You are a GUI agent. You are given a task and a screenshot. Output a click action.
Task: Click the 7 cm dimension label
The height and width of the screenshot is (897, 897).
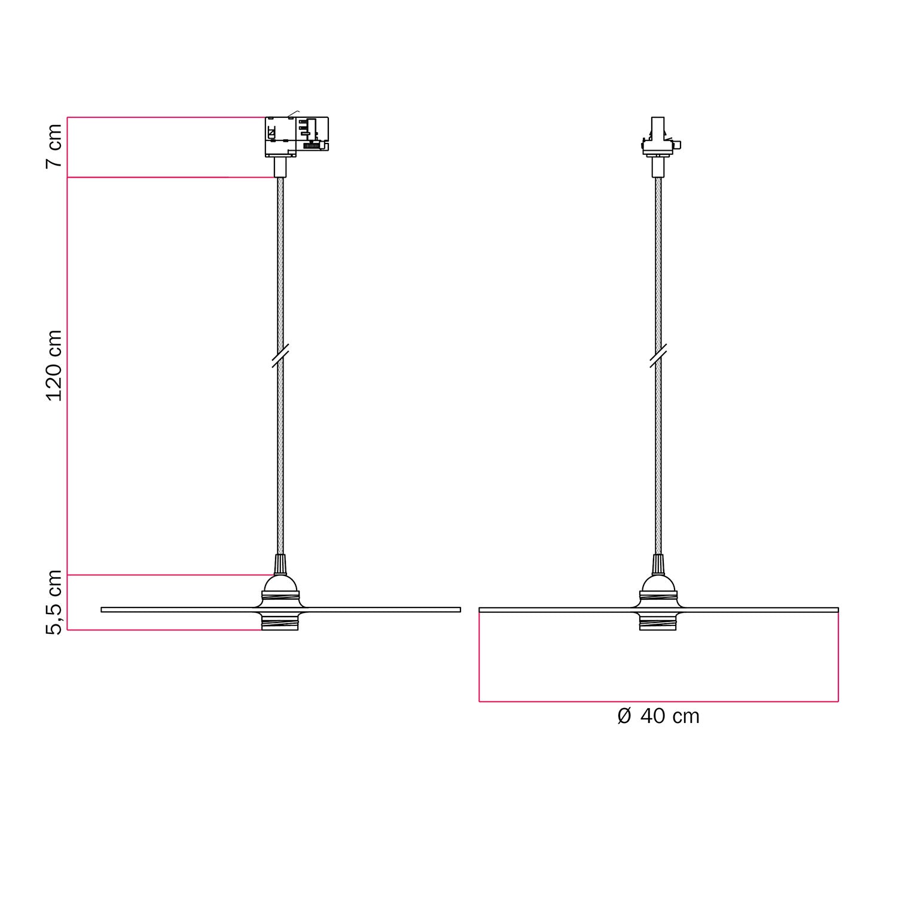pyautogui.click(x=54, y=146)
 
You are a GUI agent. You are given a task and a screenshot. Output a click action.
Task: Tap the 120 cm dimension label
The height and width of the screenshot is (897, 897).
pyautogui.click(x=54, y=365)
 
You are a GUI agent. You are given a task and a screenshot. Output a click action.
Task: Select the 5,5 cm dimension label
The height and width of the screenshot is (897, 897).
pyautogui.click(x=54, y=602)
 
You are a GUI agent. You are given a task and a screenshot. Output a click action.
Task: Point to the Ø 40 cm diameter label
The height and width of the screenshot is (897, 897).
pyautogui.click(x=658, y=716)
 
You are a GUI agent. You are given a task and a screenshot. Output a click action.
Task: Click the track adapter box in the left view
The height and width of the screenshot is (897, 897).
pyautogui.click(x=297, y=136)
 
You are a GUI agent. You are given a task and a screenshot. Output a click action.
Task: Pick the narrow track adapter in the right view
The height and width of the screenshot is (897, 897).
pyautogui.click(x=658, y=137)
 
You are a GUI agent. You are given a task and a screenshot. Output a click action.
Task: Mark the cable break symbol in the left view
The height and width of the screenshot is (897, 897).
pyautogui.click(x=280, y=356)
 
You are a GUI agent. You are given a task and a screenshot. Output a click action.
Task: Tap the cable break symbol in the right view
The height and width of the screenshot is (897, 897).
pyautogui.click(x=658, y=356)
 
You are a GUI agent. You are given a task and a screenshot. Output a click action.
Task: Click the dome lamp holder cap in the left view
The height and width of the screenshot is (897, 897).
pyautogui.click(x=279, y=583)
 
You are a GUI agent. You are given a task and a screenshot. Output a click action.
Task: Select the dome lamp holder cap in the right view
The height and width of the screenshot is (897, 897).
pyautogui.click(x=658, y=583)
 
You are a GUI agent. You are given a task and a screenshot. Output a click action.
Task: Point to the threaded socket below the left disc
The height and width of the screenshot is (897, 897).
pyautogui.click(x=279, y=622)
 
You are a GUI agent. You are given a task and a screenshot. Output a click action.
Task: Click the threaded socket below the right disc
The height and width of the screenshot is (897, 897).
pyautogui.click(x=658, y=622)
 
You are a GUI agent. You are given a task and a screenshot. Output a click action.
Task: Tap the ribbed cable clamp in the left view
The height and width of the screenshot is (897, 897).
pyautogui.click(x=279, y=564)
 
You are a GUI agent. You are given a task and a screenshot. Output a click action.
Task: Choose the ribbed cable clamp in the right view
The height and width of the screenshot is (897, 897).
pyautogui.click(x=658, y=564)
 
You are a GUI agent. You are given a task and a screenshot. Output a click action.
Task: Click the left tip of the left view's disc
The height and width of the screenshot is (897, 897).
pyautogui.click(x=103, y=609)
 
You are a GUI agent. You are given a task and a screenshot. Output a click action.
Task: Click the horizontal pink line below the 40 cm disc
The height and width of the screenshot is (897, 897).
pyautogui.click(x=658, y=701)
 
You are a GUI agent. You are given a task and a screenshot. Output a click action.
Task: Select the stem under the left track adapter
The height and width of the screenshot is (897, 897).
pyautogui.click(x=279, y=167)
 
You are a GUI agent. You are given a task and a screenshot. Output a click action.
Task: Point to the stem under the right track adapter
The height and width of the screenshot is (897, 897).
pyautogui.click(x=658, y=167)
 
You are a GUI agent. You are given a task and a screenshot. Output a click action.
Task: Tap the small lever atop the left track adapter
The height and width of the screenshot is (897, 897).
pyautogui.click(x=293, y=113)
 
